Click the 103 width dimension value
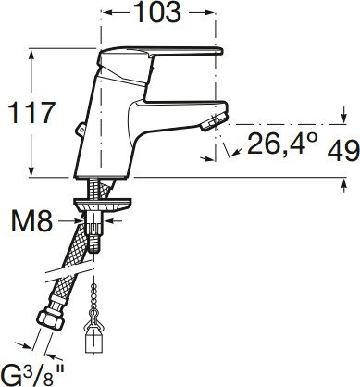(x=158, y=12)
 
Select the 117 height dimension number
(x=31, y=113)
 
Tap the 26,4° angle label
(x=282, y=143)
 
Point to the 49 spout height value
(x=343, y=150)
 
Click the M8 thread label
(x=31, y=221)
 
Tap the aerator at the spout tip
(x=210, y=123)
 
